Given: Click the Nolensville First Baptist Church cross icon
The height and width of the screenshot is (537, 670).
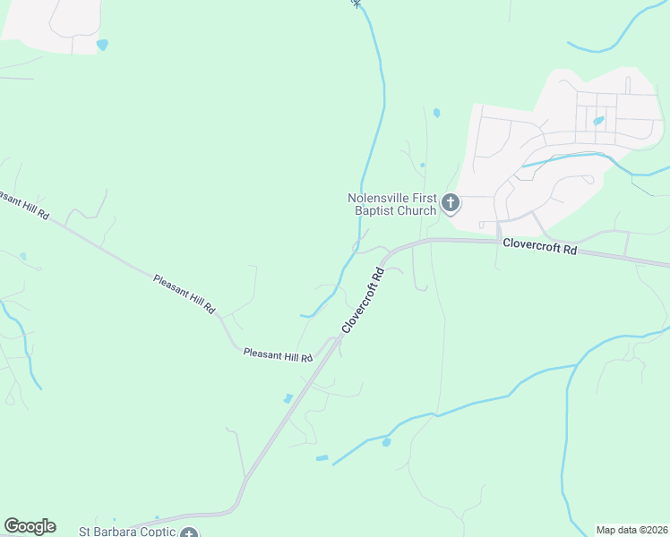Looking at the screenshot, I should (451, 204).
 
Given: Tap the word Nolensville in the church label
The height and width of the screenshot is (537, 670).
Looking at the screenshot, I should (382, 198).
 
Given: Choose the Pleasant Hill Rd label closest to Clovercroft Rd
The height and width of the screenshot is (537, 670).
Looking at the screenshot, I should (278, 355).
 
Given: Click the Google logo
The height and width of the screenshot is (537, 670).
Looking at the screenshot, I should (30, 526).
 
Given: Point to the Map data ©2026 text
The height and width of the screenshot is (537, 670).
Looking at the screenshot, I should (631, 529).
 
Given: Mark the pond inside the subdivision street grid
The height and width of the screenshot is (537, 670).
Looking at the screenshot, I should (598, 120).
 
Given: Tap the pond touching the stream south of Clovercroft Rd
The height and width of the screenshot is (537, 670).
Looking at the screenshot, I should (386, 442).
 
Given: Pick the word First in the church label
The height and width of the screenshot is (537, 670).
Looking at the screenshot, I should (421, 198).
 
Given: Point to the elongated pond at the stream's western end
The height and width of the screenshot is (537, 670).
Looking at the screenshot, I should (322, 458).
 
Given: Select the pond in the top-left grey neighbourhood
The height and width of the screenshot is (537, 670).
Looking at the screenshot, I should (102, 45).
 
